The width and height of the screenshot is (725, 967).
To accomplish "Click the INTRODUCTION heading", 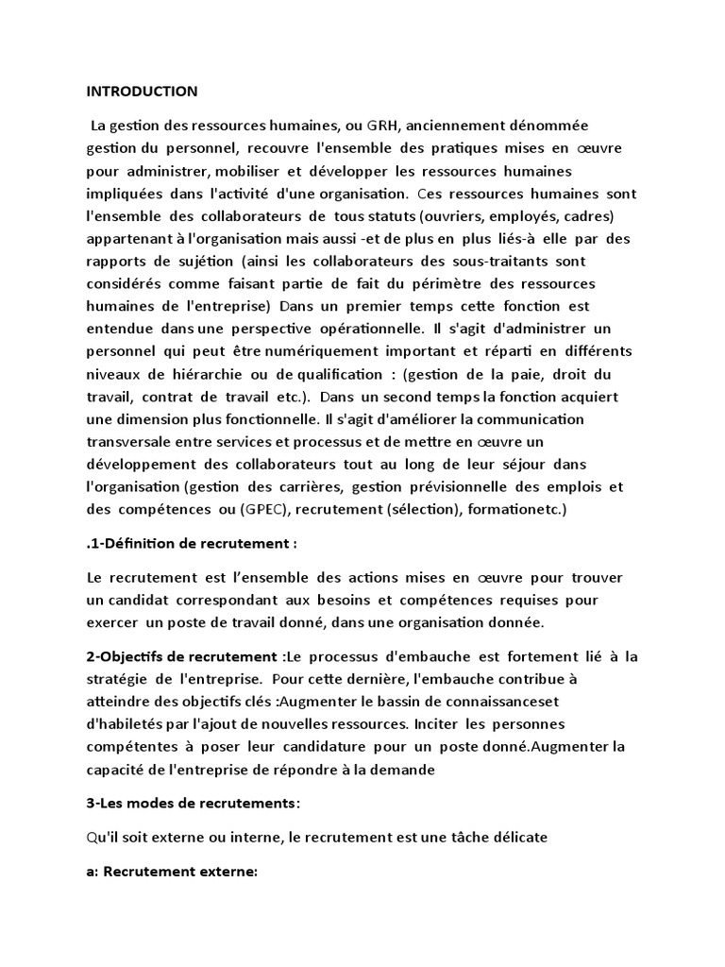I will [x=143, y=92].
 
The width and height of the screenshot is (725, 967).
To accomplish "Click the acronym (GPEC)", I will [x=267, y=509].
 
